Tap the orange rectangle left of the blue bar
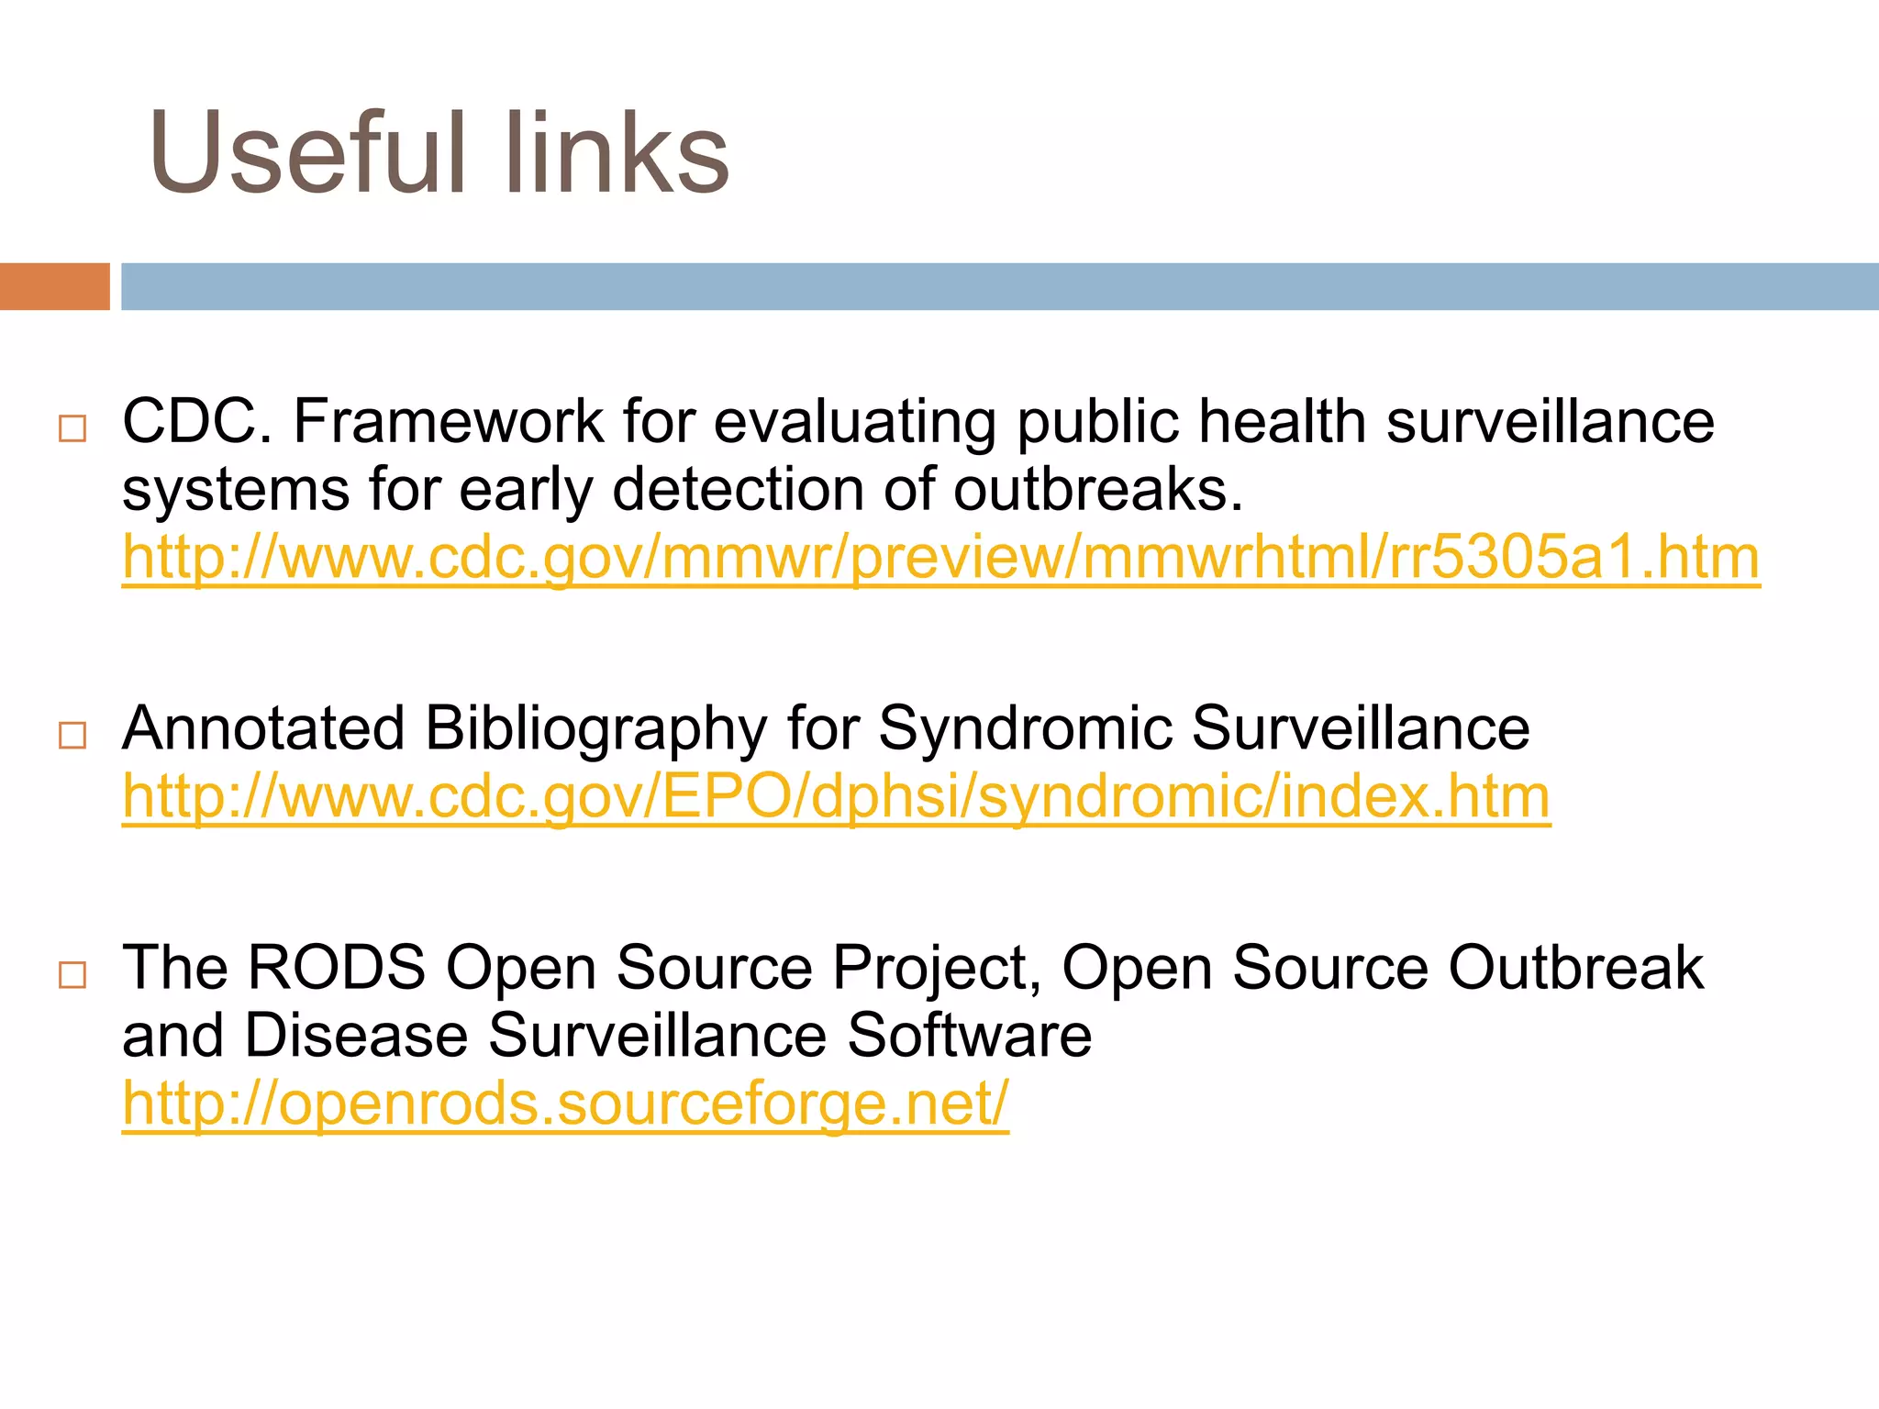[54, 286]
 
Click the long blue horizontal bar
[998, 286]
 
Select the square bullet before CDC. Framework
[72, 428]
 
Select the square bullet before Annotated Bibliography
[72, 735]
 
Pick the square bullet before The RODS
[72, 974]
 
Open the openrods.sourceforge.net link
[565, 1104]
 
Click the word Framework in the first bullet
[448, 422]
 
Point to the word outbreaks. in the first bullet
[1098, 490]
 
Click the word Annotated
[263, 728]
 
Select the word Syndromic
[1026, 730]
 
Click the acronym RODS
[337, 968]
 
